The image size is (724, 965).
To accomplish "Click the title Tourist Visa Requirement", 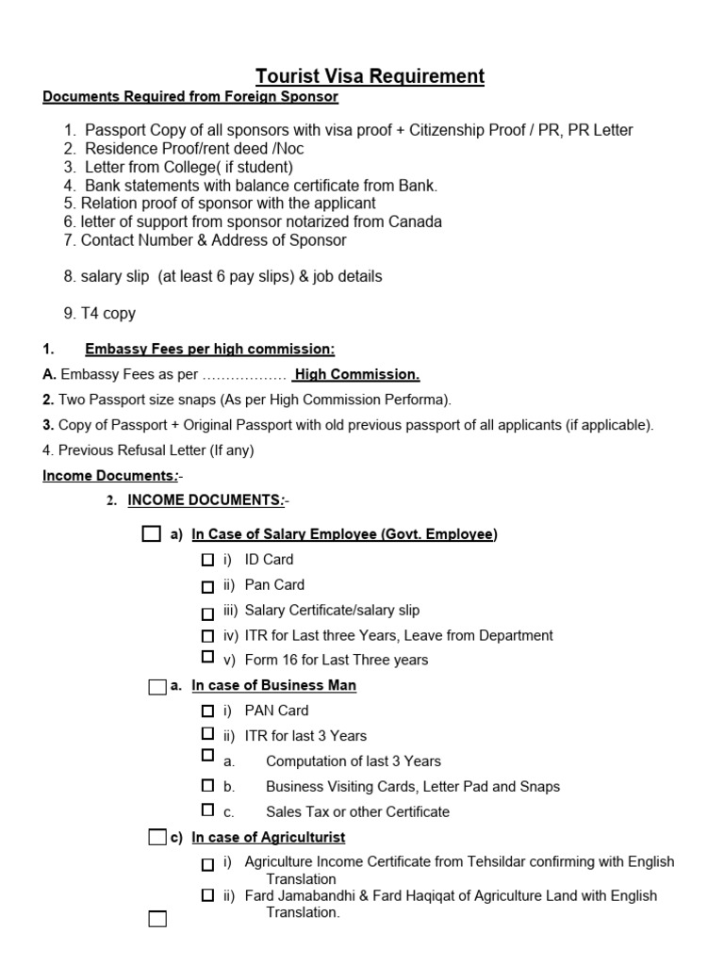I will (x=370, y=76).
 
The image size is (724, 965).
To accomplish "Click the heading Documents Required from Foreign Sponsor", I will (x=189, y=97).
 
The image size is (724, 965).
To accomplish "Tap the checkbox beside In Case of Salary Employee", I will (x=151, y=534).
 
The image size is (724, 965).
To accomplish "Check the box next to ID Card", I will (x=207, y=560).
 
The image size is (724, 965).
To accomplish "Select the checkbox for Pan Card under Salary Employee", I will (x=207, y=586).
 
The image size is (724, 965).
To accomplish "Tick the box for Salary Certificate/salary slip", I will (x=207, y=612).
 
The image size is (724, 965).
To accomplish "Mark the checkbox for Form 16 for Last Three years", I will (x=207, y=657).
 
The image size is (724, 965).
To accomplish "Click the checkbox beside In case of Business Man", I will (x=156, y=686).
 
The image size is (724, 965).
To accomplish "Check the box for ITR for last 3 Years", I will (x=207, y=733).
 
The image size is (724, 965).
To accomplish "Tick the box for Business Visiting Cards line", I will (x=207, y=784).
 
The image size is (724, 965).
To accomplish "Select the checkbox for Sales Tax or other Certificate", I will (x=207, y=809).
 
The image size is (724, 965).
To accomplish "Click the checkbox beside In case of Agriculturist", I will (x=156, y=837).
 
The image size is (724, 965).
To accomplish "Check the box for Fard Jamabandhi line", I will (x=207, y=895).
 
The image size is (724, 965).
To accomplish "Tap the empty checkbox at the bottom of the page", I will (x=156, y=919).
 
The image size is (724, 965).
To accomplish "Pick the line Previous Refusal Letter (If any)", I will (x=148, y=450).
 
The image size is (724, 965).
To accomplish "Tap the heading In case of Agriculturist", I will (x=268, y=837).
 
